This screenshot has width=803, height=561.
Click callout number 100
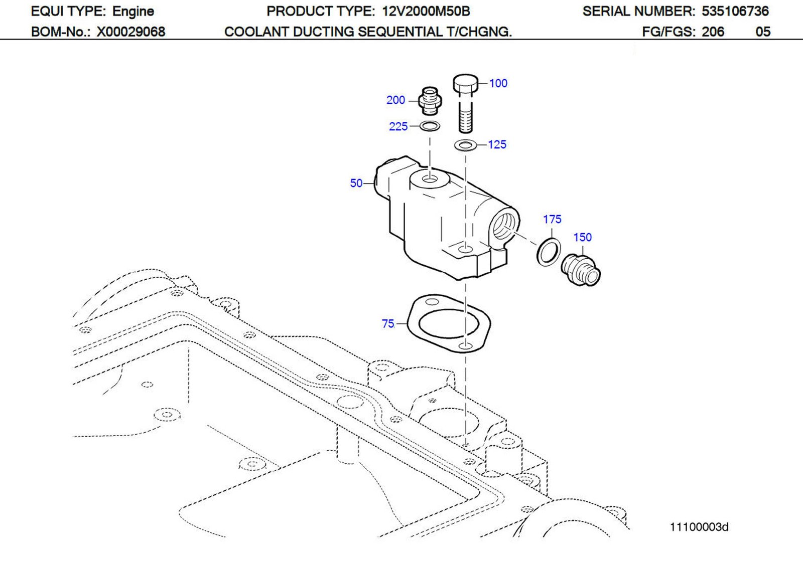click(x=498, y=83)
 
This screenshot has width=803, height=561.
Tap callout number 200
click(x=395, y=100)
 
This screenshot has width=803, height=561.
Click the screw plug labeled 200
click(x=430, y=100)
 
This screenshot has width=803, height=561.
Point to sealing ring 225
click(x=430, y=126)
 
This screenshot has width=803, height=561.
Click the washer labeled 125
click(x=466, y=145)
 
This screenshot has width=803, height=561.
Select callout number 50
click(x=356, y=183)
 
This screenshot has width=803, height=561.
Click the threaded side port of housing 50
click(x=504, y=225)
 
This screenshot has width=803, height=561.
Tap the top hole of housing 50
click(x=430, y=178)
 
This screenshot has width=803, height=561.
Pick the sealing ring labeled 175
click(x=549, y=252)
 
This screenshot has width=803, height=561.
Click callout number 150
click(x=582, y=237)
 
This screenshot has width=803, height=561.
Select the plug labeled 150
click(x=581, y=271)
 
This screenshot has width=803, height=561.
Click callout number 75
click(x=388, y=324)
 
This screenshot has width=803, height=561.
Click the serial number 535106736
click(x=735, y=11)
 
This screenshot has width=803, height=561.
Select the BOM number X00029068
click(x=130, y=32)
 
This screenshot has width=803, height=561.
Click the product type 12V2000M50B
click(x=425, y=11)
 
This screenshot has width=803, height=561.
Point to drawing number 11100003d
click(x=699, y=527)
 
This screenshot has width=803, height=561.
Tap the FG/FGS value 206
click(x=713, y=32)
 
